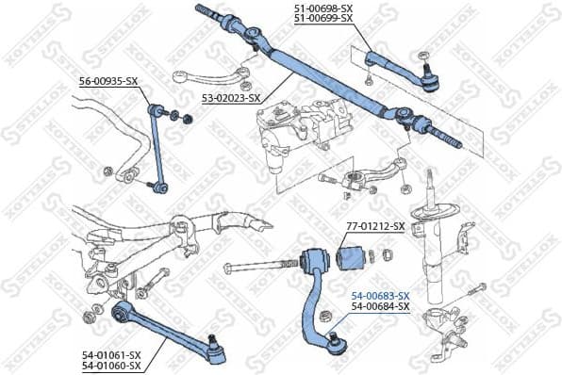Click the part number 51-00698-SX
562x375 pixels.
[321, 8]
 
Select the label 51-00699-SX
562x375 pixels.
[321, 18]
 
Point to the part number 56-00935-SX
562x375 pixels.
[107, 81]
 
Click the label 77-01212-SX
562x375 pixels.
[374, 226]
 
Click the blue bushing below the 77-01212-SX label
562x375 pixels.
[353, 254]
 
